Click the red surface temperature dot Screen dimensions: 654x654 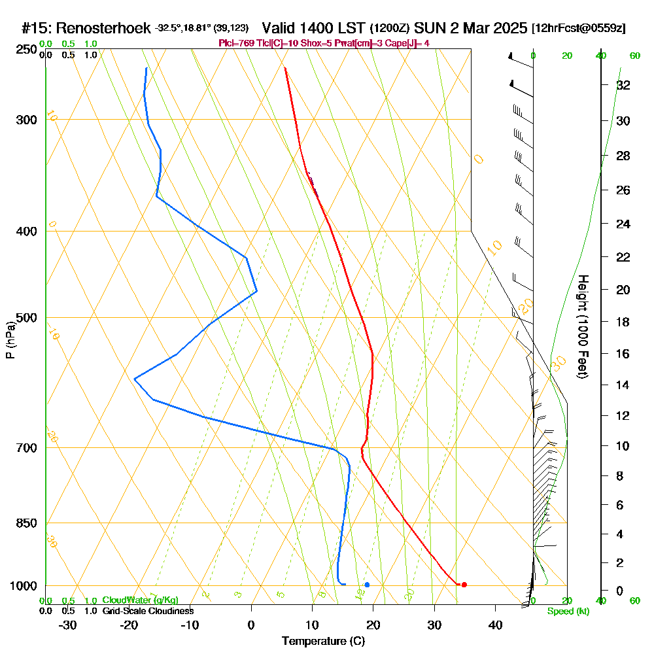pos(464,585)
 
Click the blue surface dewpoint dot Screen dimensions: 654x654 pos(367,585)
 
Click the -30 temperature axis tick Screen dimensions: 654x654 pos(68,625)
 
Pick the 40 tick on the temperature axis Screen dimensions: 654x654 pos(495,625)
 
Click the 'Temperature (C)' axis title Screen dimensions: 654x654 pos(323,642)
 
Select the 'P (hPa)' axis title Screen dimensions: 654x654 pos(10,340)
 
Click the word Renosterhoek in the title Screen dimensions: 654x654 pos(104,28)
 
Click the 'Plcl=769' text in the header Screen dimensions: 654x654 pos(235,43)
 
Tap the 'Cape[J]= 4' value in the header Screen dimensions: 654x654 pos(405,43)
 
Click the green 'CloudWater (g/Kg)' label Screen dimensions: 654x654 pos(140,600)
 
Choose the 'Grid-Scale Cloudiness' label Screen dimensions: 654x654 pos(147,611)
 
